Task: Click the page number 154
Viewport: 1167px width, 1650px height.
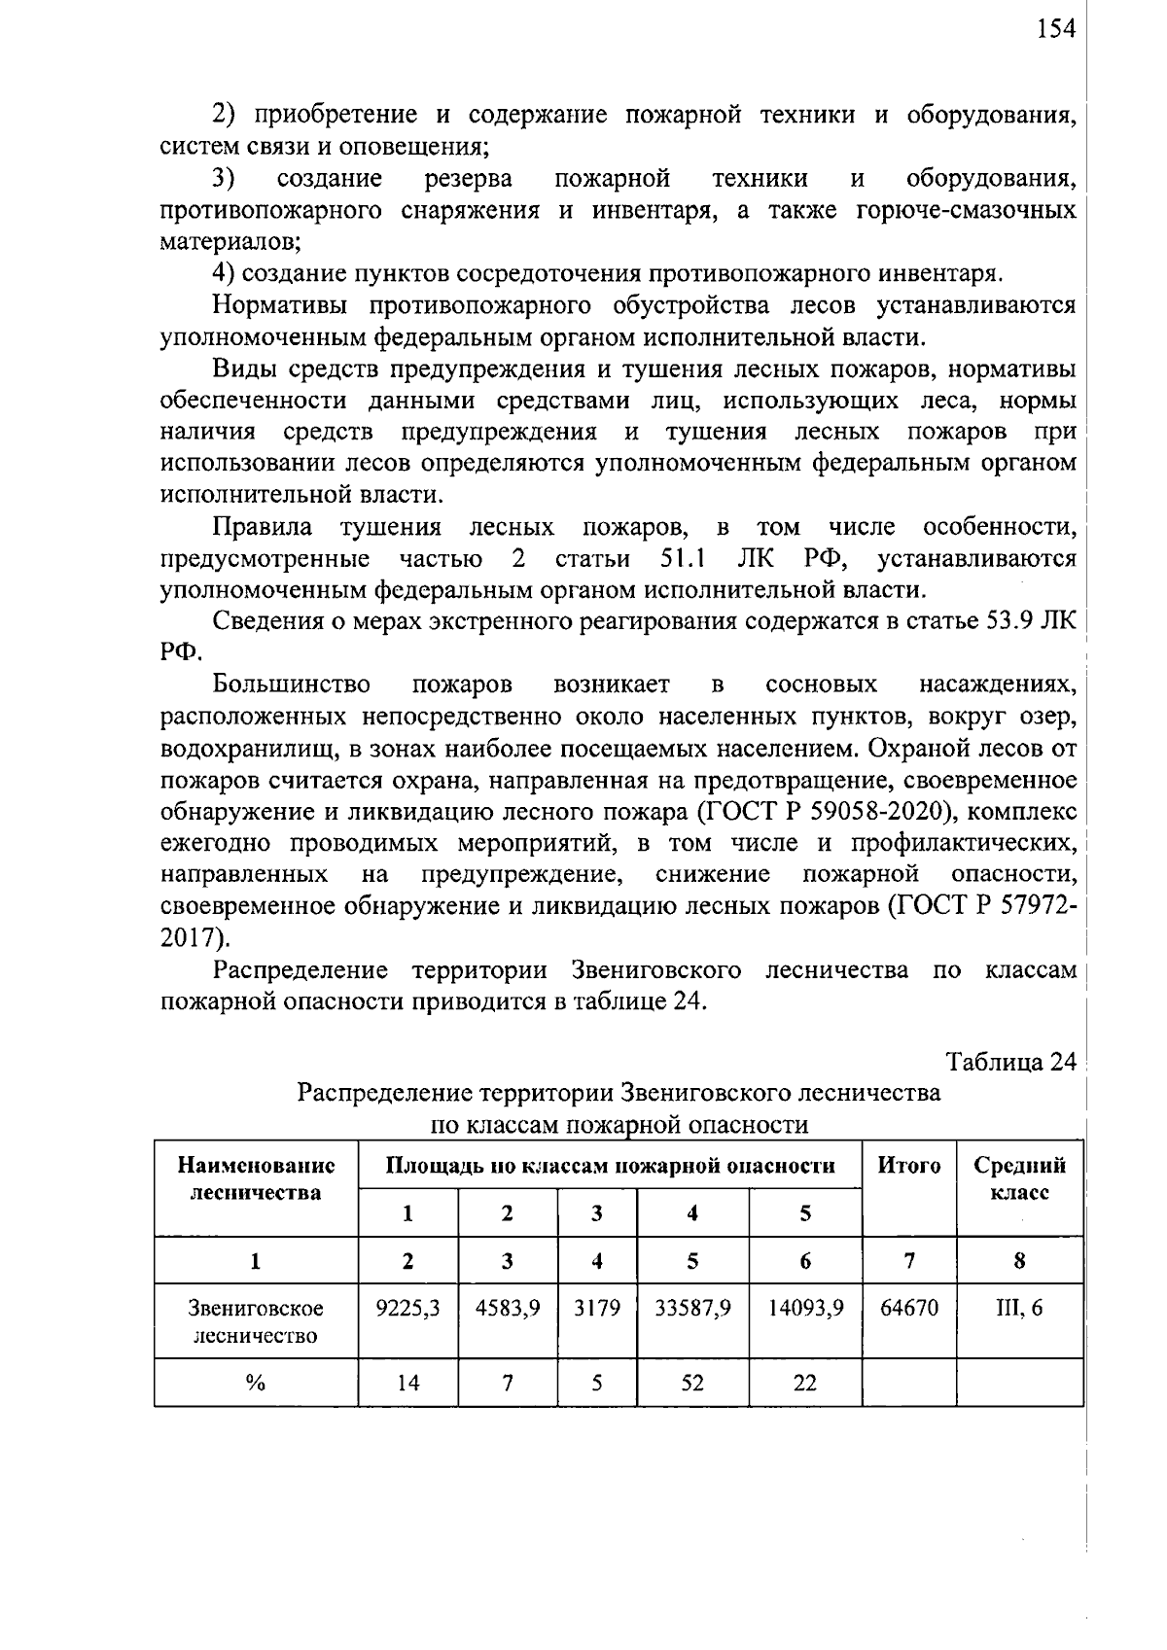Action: click(1056, 30)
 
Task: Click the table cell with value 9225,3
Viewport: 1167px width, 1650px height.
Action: click(407, 1309)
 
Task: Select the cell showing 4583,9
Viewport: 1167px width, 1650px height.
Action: click(508, 1309)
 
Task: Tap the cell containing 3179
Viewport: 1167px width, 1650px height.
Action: click(596, 1309)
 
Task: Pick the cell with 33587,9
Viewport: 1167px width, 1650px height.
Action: click(692, 1309)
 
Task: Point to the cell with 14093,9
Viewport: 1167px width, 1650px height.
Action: click(805, 1309)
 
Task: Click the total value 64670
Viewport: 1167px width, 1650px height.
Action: click(909, 1309)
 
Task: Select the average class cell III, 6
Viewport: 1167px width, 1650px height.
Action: click(1018, 1309)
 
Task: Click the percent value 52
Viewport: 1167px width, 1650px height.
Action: click(692, 1383)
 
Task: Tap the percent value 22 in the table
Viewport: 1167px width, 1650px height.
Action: click(805, 1383)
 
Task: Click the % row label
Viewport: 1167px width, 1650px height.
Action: click(256, 1383)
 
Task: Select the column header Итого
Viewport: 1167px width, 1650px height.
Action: click(909, 1165)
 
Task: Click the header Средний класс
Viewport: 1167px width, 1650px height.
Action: click(1019, 1178)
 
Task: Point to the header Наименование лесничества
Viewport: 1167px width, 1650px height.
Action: click(256, 1178)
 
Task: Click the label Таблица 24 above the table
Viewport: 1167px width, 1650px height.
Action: click(1011, 1062)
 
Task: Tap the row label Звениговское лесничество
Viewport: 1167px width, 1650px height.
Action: click(256, 1322)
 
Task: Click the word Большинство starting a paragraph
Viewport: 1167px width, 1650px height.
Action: click(292, 685)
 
